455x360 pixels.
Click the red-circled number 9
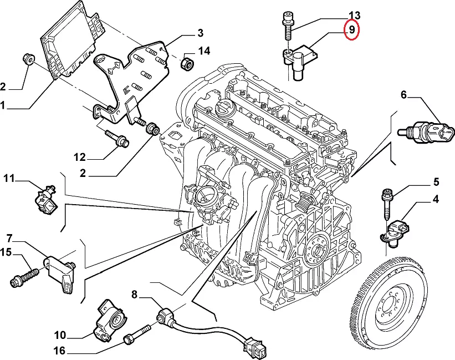351,31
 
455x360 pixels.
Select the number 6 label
403,95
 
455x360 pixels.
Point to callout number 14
204,52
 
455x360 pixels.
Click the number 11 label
9,178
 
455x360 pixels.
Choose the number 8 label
134,293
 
